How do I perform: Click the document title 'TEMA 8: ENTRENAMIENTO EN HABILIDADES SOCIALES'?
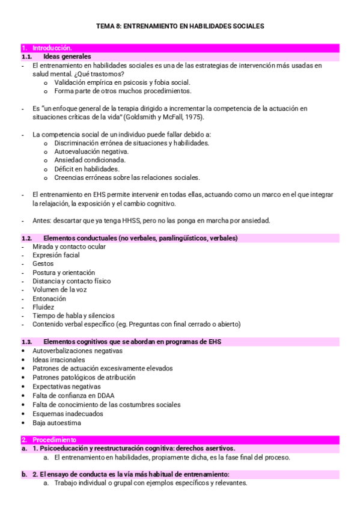pyautogui.click(x=180, y=26)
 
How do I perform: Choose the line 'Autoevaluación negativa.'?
pyautogui.click(x=91, y=152)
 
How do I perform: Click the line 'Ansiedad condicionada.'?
pyautogui.click(x=90, y=161)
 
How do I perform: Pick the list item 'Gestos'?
pyautogui.click(x=43, y=263)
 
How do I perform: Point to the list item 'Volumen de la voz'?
pyautogui.click(x=59, y=290)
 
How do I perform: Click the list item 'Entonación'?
pyautogui.click(x=49, y=298)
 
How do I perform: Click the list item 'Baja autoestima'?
pyautogui.click(x=56, y=422)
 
